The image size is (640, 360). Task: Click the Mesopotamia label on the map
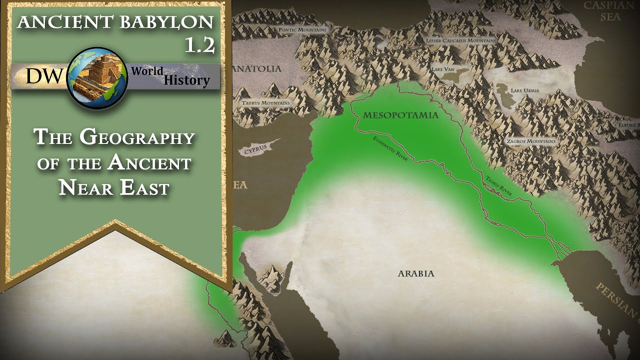point(400,115)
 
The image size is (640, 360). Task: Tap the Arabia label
point(416,273)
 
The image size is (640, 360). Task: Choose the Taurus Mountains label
point(265,103)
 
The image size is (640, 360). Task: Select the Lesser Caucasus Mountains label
point(460,40)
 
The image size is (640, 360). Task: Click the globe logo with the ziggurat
point(97,78)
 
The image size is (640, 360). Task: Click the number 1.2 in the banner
point(199,45)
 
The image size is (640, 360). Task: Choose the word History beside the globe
point(186,80)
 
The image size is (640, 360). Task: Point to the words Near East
point(114,188)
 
